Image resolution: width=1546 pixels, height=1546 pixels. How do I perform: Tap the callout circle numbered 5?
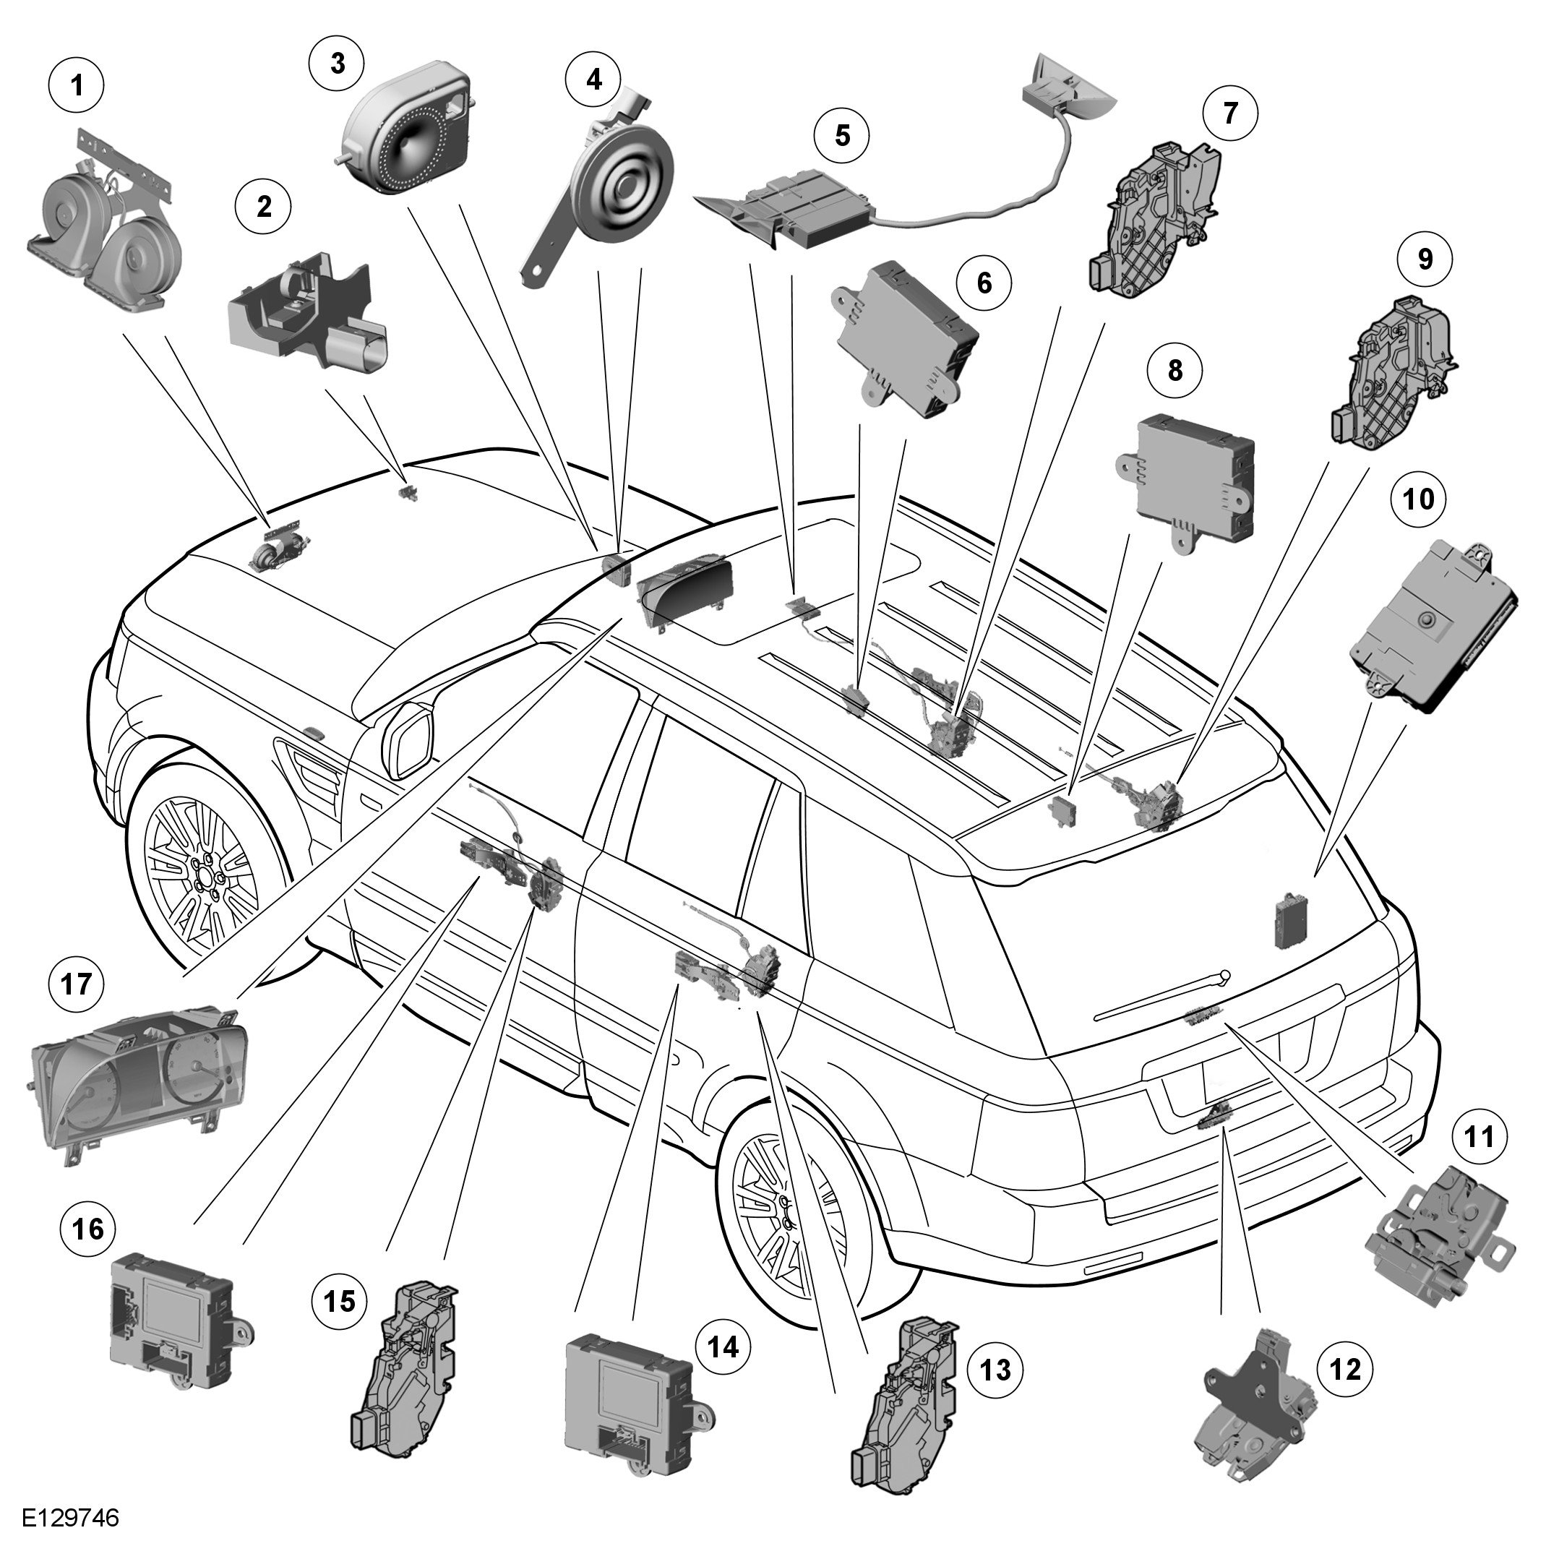point(842,135)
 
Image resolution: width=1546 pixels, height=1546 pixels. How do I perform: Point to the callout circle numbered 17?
point(77,984)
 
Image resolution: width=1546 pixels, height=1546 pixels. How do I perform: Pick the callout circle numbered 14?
point(723,1347)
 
